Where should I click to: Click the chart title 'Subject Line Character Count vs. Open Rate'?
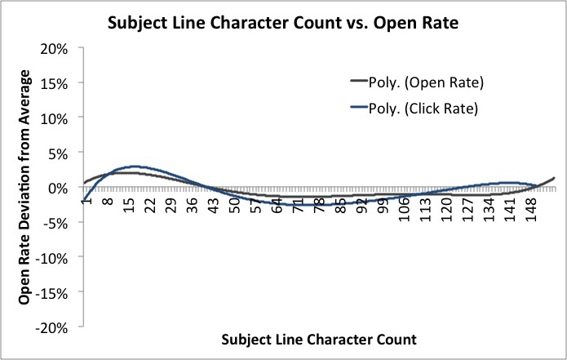point(282,24)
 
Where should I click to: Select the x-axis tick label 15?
point(130,206)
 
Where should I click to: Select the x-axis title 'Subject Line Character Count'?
point(318,338)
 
